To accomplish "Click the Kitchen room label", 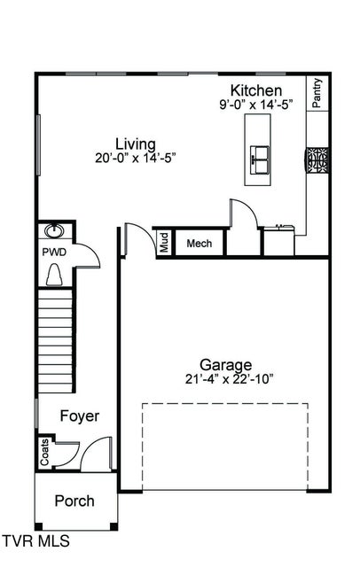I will pos(256,90).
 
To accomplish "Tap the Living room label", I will pos(136,144).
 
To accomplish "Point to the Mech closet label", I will pos(198,243).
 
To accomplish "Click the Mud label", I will pos(164,243).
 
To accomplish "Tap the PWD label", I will pos(54,252).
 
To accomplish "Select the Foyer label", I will pos(79,416).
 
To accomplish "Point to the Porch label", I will pos(74,501).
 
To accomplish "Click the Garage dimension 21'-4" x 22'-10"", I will pos(224,379).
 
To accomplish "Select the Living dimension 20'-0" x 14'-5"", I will pos(136,159).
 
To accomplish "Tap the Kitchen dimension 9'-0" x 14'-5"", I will pos(256,105).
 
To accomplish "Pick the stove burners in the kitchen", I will pos(317,160).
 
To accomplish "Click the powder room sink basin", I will pos(54,232).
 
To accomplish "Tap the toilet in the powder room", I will pos(54,275).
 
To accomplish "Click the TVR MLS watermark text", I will pos(35,540).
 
